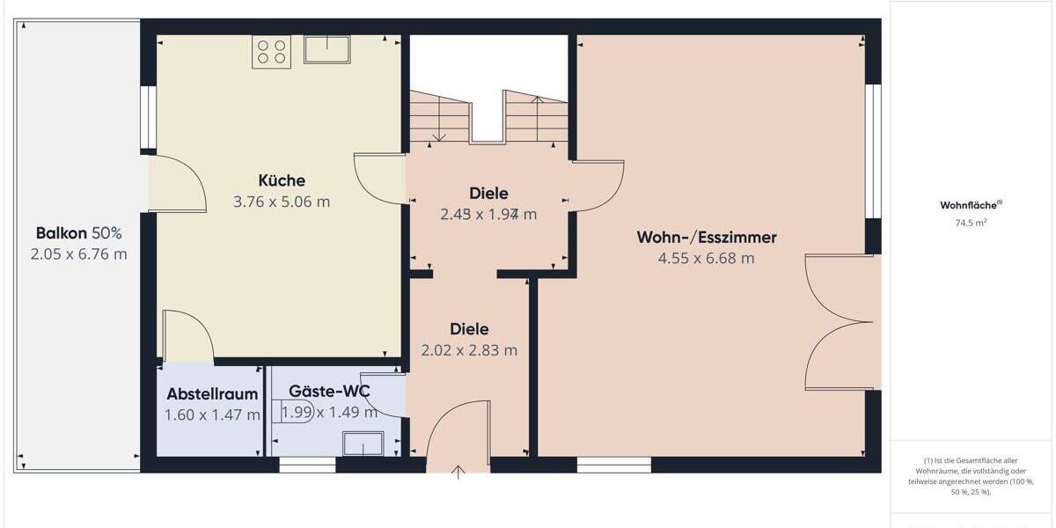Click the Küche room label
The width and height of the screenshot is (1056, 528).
point(282,180)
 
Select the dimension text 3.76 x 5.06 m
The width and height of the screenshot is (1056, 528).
point(282,202)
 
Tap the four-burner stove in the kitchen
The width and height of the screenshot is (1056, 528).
point(271,51)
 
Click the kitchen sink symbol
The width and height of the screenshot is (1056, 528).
point(327,49)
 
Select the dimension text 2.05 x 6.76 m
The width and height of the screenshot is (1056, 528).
point(78,254)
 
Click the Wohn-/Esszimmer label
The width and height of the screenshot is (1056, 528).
point(707,237)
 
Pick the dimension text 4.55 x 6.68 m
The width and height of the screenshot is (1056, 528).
point(707,258)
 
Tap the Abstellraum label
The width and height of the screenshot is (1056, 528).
point(212,393)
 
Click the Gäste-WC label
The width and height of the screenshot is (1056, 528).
point(329,391)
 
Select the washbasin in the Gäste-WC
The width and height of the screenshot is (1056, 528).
point(363,444)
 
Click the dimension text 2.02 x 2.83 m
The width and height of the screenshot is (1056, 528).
point(469,349)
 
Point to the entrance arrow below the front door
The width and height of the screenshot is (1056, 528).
point(458,473)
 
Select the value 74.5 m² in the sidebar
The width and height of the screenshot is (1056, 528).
point(971,223)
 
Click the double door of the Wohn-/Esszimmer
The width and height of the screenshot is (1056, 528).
point(840,322)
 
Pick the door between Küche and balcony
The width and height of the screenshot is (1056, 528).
point(178,183)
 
